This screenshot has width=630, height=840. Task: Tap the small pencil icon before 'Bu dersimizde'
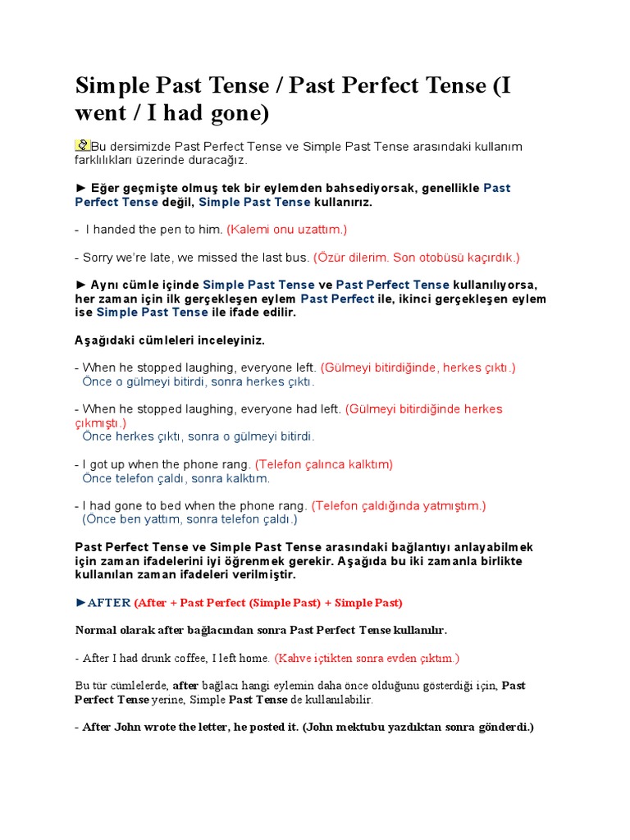[82, 145]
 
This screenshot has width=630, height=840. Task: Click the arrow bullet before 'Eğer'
[80, 188]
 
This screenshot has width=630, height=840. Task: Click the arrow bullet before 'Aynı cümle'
[80, 285]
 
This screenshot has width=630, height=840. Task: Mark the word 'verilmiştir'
[286, 574]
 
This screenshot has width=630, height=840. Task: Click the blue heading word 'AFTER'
[109, 603]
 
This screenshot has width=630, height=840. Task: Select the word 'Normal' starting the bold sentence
[97, 630]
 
